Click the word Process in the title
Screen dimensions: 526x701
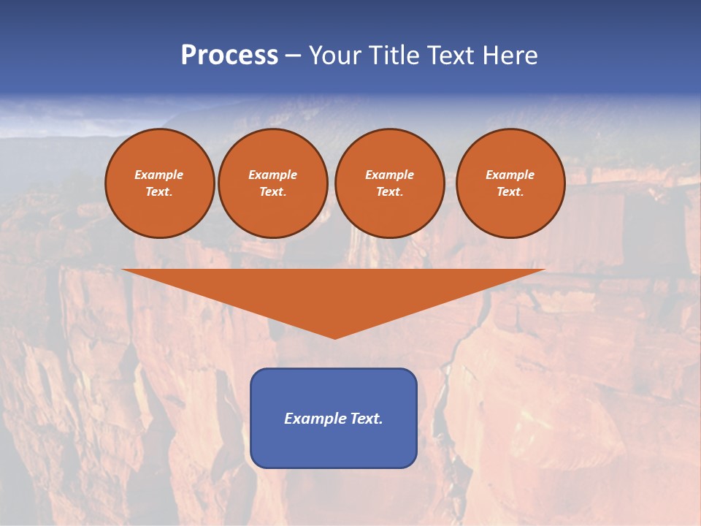(x=229, y=56)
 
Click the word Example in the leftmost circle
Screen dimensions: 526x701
(x=159, y=175)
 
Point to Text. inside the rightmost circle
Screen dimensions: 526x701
(x=510, y=191)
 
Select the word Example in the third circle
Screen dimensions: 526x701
(x=389, y=175)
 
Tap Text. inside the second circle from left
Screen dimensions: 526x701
(x=272, y=191)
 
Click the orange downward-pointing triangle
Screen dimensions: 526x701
(x=334, y=292)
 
